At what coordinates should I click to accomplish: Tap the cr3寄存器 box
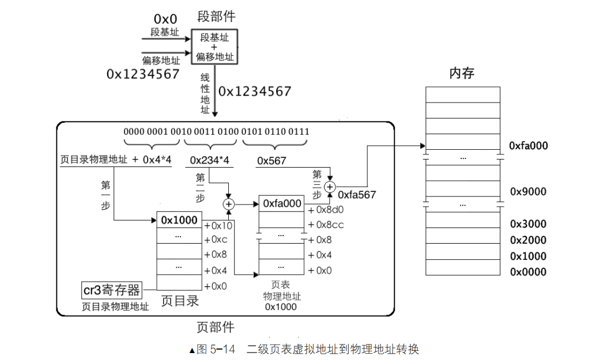click(x=111, y=290)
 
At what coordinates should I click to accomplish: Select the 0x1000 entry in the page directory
click(x=179, y=220)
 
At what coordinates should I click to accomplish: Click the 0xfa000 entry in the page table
click(x=282, y=203)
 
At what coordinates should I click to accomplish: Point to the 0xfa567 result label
click(x=357, y=195)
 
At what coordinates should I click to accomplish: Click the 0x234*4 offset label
click(x=209, y=160)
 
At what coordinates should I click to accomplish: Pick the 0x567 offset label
click(x=271, y=161)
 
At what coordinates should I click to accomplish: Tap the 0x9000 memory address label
click(x=527, y=192)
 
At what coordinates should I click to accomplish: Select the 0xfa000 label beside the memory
click(x=528, y=146)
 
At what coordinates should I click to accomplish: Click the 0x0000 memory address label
click(x=527, y=272)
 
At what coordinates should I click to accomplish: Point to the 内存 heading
click(x=462, y=73)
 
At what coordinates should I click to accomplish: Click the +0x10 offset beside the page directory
click(x=217, y=226)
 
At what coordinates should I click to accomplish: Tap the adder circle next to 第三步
click(x=330, y=187)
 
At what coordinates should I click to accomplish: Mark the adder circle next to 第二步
click(x=229, y=204)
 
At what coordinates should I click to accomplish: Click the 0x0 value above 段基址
click(x=165, y=20)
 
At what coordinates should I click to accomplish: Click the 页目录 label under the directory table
click(x=180, y=301)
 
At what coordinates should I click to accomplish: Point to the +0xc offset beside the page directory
click(x=216, y=240)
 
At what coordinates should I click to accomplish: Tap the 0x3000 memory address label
click(x=527, y=224)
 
